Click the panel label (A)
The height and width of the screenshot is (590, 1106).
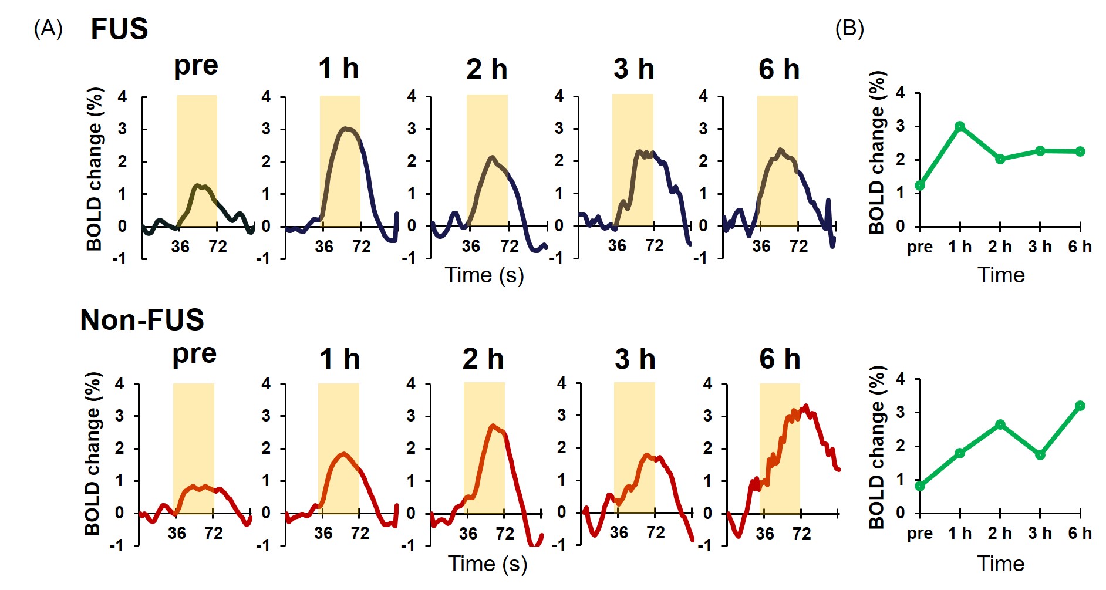48,28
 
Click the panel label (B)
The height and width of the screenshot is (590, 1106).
849,28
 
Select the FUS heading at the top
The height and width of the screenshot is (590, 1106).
119,29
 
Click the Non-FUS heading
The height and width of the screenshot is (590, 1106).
142,320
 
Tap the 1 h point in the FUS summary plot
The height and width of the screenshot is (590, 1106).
960,126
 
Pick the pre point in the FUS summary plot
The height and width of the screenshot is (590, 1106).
920,186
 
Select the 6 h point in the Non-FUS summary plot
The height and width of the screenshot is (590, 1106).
1080,406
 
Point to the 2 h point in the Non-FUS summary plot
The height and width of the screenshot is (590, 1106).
1000,424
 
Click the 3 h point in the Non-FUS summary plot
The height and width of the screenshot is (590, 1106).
1040,454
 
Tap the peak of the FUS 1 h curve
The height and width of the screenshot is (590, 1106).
346,128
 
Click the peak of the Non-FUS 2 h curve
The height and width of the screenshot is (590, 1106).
493,426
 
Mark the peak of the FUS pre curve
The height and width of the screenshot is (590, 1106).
199,186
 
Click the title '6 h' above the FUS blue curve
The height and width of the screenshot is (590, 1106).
779,69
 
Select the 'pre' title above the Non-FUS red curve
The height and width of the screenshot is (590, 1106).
194,355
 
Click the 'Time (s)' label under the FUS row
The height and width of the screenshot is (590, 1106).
484,275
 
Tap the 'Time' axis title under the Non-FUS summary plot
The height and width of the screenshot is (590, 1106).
1001,564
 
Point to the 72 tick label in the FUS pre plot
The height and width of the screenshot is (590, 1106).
218,246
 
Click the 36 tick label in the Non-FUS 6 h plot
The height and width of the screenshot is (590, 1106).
764,534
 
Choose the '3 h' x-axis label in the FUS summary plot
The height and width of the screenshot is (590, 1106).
1040,247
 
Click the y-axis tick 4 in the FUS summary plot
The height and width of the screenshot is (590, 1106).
901,93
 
